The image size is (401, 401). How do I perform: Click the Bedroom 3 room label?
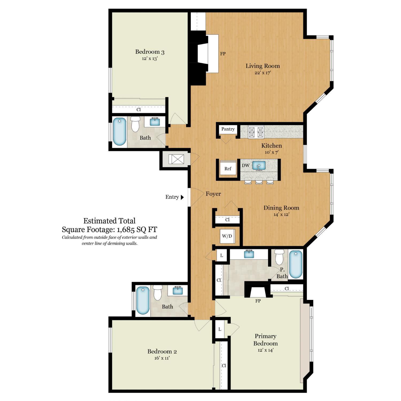150,52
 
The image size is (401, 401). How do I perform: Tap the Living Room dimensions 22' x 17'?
263,72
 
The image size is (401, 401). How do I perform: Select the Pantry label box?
228,129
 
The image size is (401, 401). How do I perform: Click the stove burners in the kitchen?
256,132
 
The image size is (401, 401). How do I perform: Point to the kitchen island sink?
259,166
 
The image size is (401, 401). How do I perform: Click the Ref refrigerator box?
228,168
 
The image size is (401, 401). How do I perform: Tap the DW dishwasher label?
246,165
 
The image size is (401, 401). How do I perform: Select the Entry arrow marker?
182,197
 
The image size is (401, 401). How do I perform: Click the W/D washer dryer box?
227,236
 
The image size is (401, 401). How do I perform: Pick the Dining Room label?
281,208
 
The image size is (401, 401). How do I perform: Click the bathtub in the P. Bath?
296,264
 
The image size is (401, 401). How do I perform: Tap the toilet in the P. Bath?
279,257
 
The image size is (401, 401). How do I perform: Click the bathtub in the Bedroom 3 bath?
119,132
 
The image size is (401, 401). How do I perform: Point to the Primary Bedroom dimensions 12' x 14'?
265,350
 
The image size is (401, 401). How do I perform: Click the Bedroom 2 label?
162,351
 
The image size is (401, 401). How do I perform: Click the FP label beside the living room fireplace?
223,54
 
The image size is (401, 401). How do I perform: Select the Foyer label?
213,194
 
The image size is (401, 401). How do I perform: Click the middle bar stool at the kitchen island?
259,181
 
